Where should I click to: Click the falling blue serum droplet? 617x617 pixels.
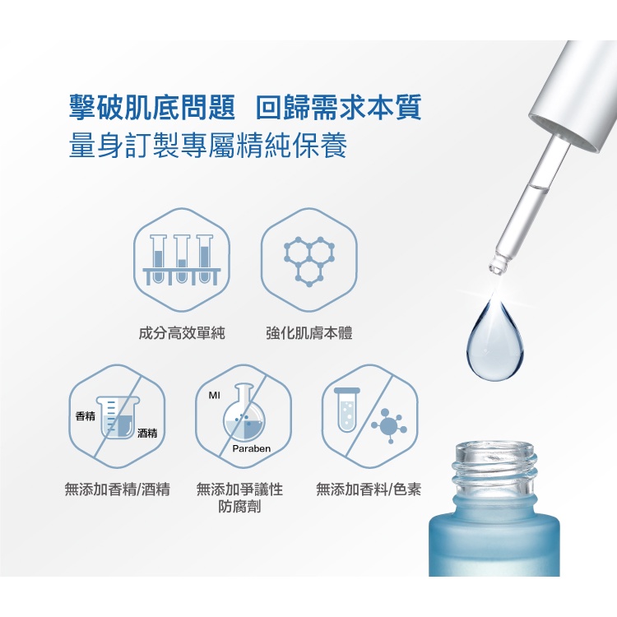495,341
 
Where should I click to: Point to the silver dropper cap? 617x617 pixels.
573,96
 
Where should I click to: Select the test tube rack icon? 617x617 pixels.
182,260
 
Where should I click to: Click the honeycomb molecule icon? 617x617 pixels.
309,261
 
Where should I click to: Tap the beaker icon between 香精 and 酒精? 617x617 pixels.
118,417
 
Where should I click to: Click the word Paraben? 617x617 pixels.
252,448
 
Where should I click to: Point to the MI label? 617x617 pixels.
215,395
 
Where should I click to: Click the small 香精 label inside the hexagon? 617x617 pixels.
86,416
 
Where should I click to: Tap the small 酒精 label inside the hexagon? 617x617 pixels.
147,434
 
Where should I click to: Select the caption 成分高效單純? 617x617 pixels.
182,333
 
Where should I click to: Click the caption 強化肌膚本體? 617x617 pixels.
309,333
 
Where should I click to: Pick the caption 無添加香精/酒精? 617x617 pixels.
118,489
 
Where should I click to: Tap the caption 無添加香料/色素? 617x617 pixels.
369,489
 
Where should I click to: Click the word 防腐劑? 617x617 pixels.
239,507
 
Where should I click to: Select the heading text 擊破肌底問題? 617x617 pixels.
152,107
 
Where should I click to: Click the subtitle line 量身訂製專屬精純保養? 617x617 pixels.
208,145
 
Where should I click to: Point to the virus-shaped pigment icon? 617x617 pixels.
389,426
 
